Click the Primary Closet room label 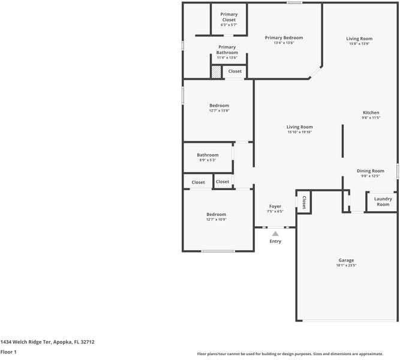click(228, 17)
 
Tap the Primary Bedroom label click(284, 38)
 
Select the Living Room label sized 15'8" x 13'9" click(359, 39)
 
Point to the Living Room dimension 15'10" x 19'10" click(299, 132)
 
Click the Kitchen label click(371, 113)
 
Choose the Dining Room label click(370, 171)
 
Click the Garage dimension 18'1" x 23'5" click(347, 265)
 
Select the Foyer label click(275, 206)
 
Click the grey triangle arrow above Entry click(275, 233)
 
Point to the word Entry click(275, 241)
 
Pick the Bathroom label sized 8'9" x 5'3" click(207, 155)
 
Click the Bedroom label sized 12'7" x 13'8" click(219, 106)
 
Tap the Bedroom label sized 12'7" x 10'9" click(216, 214)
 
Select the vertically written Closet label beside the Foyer click(304, 202)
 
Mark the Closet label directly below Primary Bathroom click(234, 71)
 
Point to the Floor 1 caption click(8, 352)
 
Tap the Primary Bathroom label click(227, 50)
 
